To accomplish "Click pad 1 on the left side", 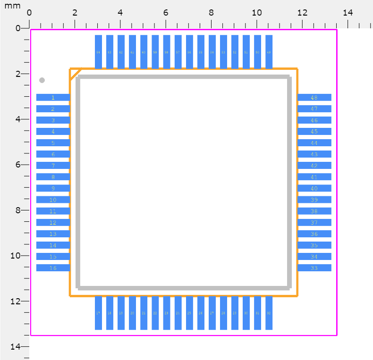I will click(53, 98).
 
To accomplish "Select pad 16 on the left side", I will click(53, 268).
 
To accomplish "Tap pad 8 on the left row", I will click(53, 177).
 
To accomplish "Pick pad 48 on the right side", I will click(314, 98).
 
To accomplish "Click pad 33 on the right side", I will click(314, 268).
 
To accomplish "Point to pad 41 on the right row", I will click(314, 177).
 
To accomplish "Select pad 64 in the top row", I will click(98, 52).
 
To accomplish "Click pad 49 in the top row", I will click(269, 52).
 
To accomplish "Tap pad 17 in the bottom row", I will click(98, 313).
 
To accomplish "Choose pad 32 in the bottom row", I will click(269, 313).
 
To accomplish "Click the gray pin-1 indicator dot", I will click(42, 80).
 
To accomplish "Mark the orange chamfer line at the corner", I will click(76, 74).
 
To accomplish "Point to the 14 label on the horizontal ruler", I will click(348, 13).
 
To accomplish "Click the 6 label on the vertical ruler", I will click(18, 165).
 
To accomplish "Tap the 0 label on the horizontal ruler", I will click(29, 13).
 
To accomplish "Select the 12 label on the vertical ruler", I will click(16, 301).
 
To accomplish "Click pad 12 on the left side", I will click(53, 223).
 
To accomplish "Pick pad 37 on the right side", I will click(314, 223).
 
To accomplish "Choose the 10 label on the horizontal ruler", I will click(257, 13).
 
